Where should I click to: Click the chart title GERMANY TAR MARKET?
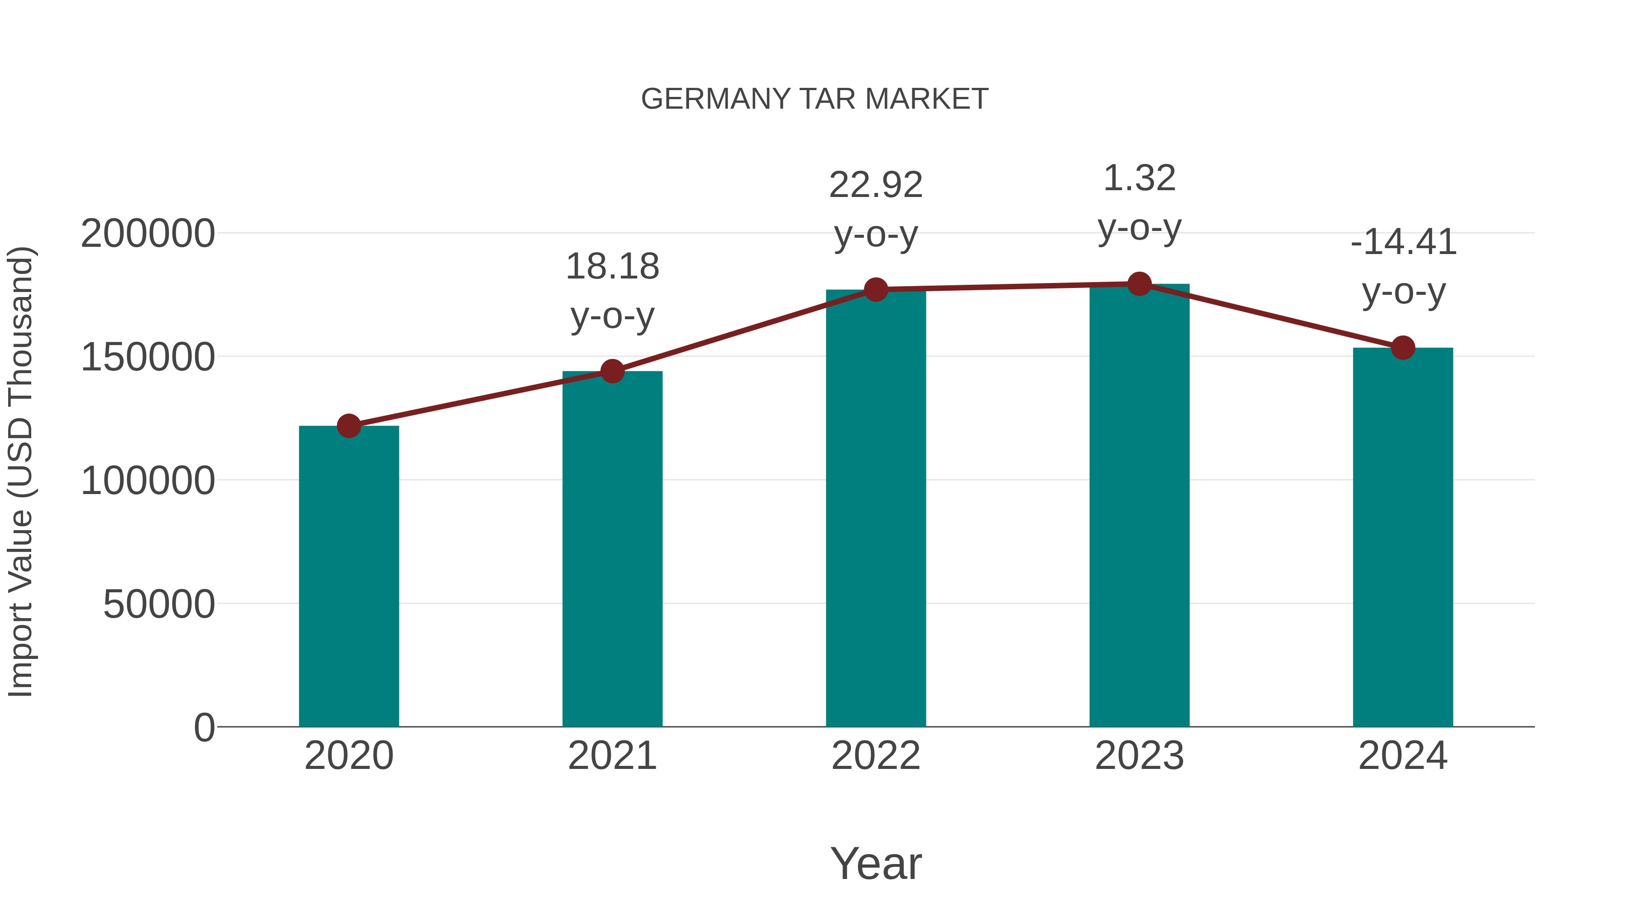click(x=815, y=99)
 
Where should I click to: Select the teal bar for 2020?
click(x=349, y=576)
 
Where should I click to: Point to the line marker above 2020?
click(x=349, y=426)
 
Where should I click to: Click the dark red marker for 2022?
click(x=876, y=289)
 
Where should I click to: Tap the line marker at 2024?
click(x=1403, y=347)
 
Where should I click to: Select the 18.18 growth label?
click(x=612, y=266)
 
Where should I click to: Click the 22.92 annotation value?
click(x=876, y=185)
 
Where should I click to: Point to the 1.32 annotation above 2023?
click(x=1139, y=178)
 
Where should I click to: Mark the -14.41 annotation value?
click(x=1403, y=242)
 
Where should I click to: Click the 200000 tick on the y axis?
click(x=148, y=234)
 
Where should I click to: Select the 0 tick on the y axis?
click(x=204, y=727)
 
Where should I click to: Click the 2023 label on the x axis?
click(x=1139, y=756)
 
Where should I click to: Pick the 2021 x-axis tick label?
click(x=612, y=756)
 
